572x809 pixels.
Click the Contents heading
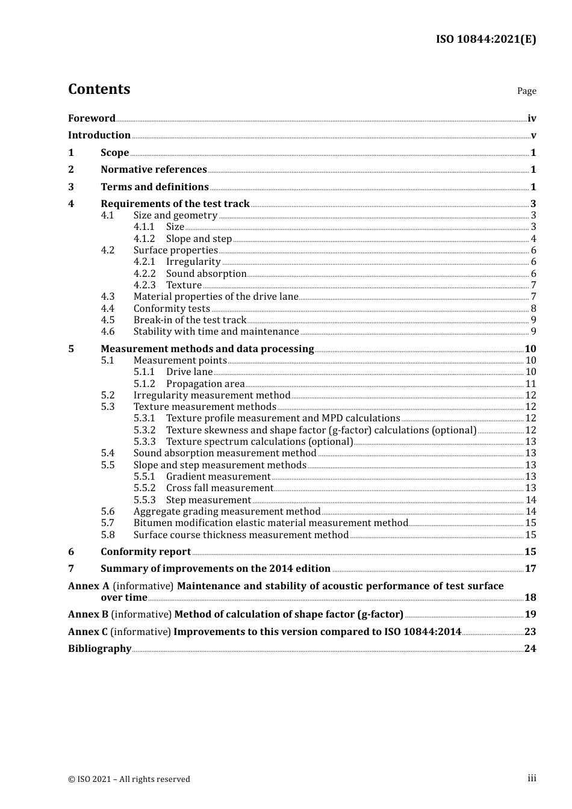[x=99, y=89]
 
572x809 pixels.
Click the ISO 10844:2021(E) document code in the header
[x=485, y=39]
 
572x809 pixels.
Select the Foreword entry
[x=92, y=119]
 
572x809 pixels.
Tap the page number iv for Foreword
[x=531, y=119]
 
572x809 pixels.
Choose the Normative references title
[x=154, y=170]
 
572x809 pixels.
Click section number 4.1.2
[x=144, y=239]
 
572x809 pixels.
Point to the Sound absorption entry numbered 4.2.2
[x=206, y=274]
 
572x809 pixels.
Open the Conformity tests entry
[x=172, y=309]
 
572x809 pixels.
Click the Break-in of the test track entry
[x=190, y=320]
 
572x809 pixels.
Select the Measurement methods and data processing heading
[x=207, y=349]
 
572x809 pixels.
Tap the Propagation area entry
[x=205, y=384]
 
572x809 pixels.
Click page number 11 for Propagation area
[x=530, y=384]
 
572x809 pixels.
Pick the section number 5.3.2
[x=144, y=430]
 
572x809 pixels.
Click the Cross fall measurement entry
[x=219, y=488]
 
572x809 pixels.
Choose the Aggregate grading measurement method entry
[x=226, y=512]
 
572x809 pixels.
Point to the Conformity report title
[x=145, y=552]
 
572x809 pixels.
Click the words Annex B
[x=88, y=615]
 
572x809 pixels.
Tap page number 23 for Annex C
[x=530, y=632]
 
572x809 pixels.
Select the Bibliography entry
[x=99, y=649]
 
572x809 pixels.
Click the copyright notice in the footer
[x=129, y=779]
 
